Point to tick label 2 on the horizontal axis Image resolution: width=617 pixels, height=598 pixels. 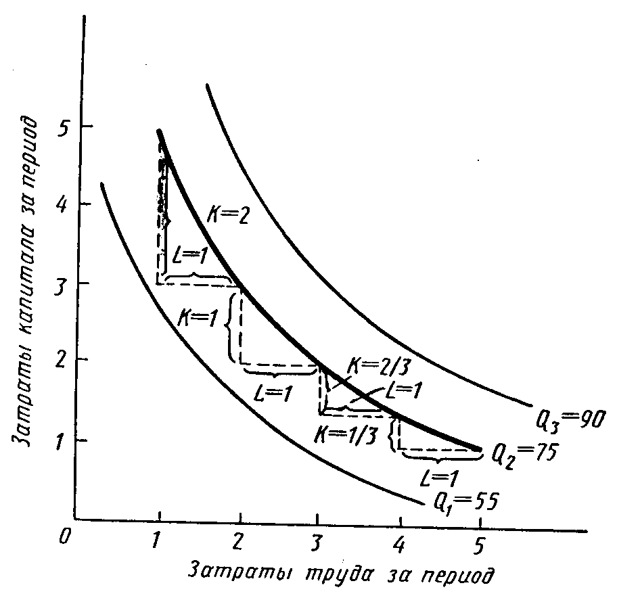tap(238, 543)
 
